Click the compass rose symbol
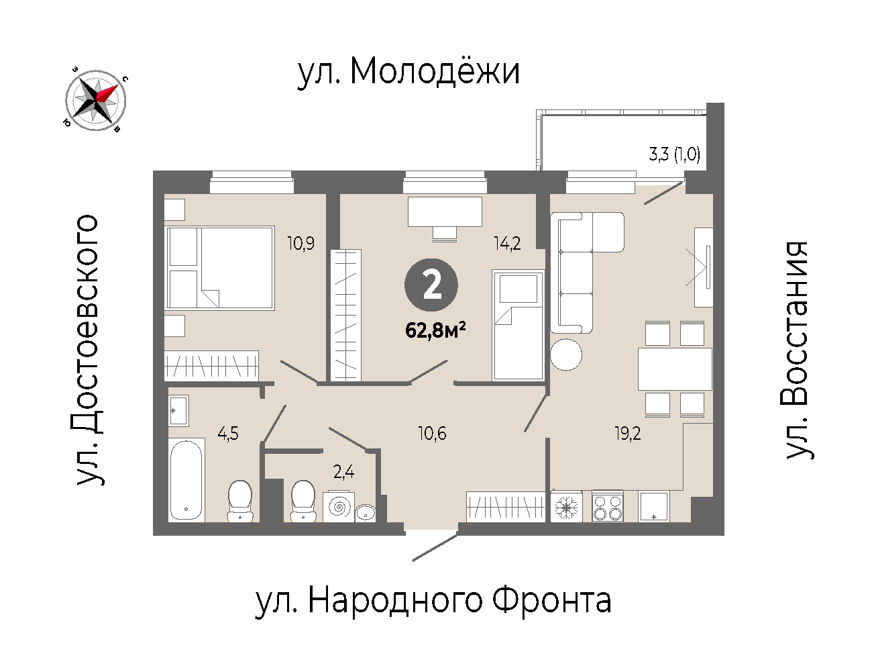point(95,100)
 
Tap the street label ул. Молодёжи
point(408,72)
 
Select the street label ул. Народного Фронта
point(433,601)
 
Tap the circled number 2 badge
point(431,285)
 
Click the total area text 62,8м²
point(435,330)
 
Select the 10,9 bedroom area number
point(301,243)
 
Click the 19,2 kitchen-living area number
point(628,433)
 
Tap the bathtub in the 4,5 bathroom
point(186,480)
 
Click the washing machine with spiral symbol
point(339,507)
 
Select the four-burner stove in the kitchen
point(608,506)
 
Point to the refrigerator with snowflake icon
point(567,506)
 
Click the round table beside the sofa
point(566,354)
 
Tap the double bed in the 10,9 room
point(221,268)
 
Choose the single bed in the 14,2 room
point(518,325)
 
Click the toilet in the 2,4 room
point(303,501)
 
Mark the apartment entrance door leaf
point(435,548)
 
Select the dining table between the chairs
point(675,369)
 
